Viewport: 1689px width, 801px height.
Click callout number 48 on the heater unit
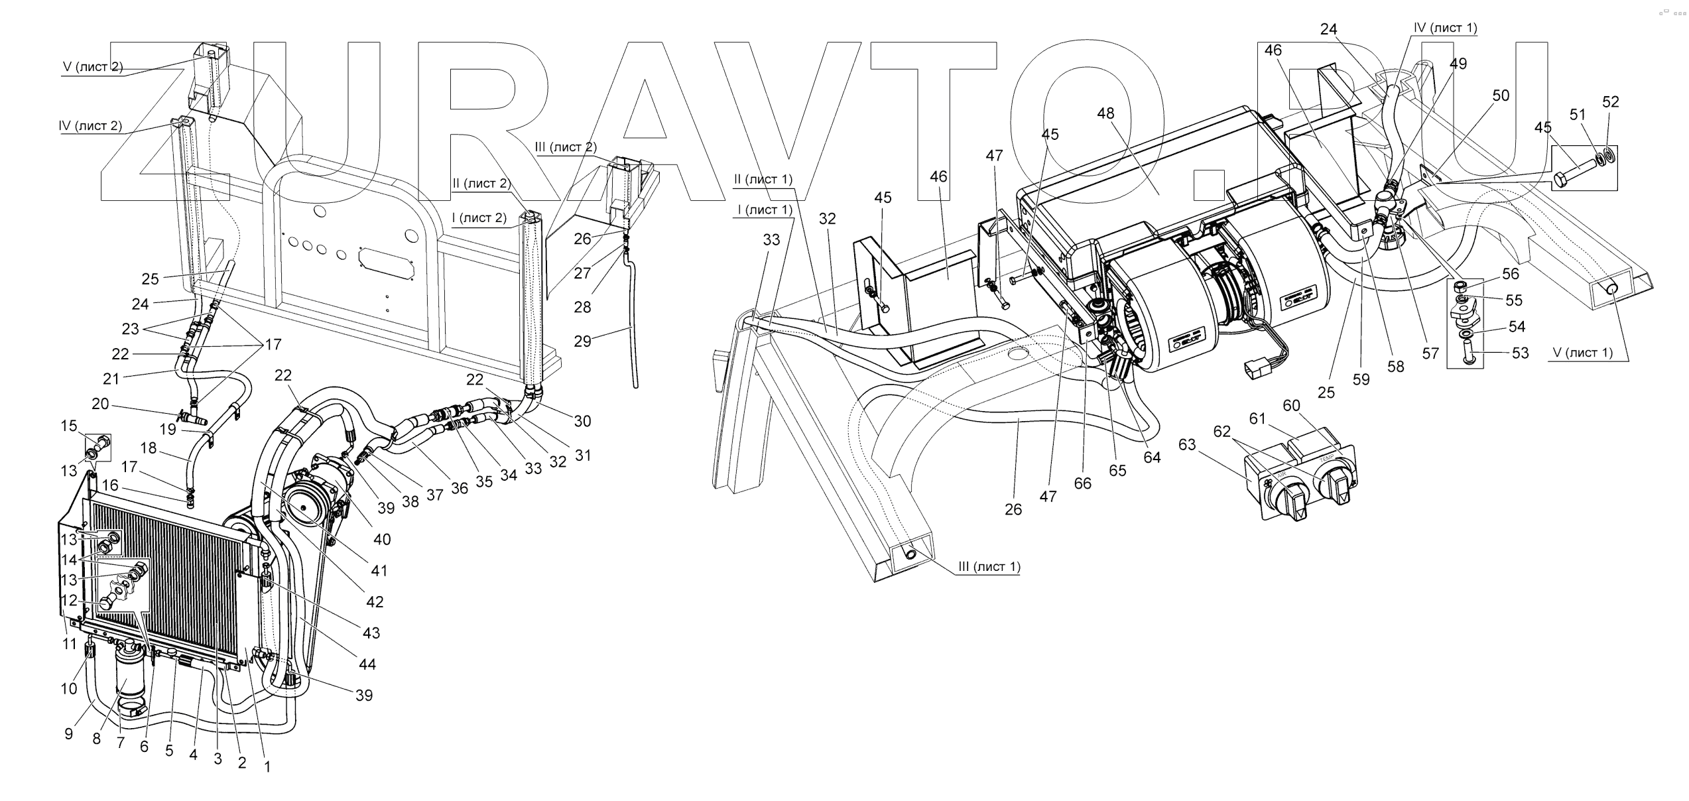(x=1105, y=113)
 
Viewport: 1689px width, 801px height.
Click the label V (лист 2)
(x=92, y=67)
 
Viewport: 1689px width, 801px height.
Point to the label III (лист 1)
(x=989, y=566)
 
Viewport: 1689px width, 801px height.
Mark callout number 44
(x=367, y=664)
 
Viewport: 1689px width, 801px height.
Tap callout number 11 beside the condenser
(x=70, y=643)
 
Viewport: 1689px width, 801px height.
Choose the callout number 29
(x=582, y=341)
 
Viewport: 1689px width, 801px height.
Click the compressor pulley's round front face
(x=308, y=507)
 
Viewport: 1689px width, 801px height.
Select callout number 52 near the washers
(x=1611, y=101)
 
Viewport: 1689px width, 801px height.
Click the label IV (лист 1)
(x=1445, y=29)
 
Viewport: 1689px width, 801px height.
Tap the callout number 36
(x=460, y=488)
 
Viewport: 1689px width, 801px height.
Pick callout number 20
(x=100, y=404)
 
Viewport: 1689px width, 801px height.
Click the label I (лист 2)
(x=479, y=217)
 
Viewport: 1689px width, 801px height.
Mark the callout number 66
(x=1082, y=484)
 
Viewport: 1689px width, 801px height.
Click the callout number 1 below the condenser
(x=267, y=767)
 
